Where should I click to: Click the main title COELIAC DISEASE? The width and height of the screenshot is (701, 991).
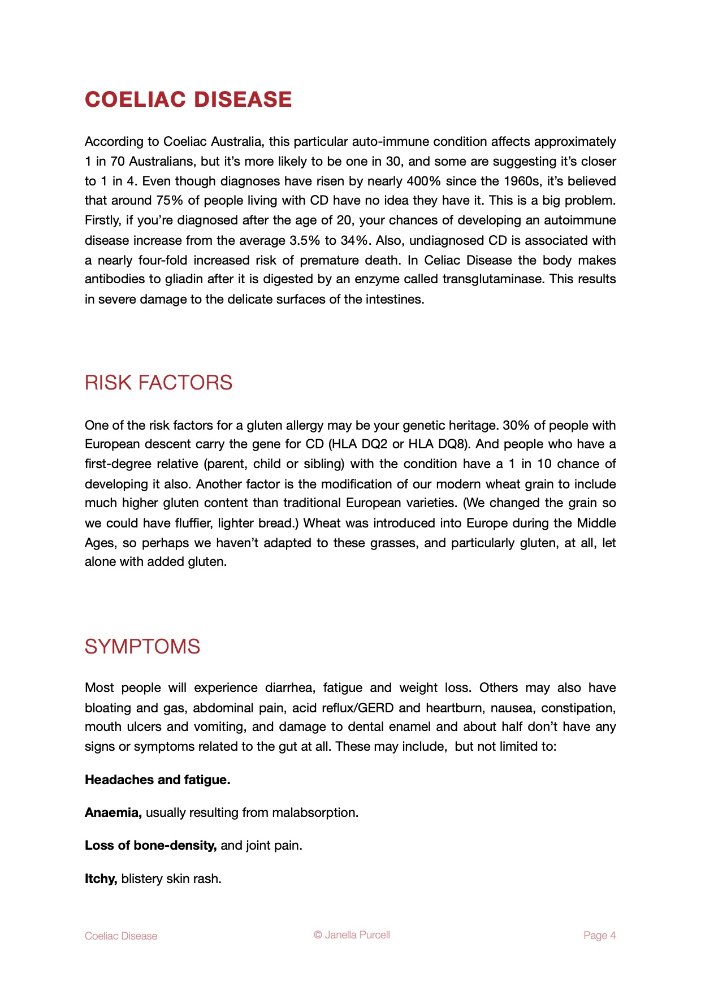188,99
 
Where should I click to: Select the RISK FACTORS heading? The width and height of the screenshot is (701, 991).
158,383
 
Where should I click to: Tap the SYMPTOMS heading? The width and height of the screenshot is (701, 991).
142,647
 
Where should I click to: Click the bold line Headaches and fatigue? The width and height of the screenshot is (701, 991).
158,780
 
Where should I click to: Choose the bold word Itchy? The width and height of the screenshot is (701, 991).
101,879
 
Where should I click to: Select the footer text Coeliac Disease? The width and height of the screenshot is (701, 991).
121,936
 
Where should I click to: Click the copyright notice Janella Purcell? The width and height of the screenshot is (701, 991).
352,935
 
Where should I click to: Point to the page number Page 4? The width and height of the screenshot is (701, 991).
599,936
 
